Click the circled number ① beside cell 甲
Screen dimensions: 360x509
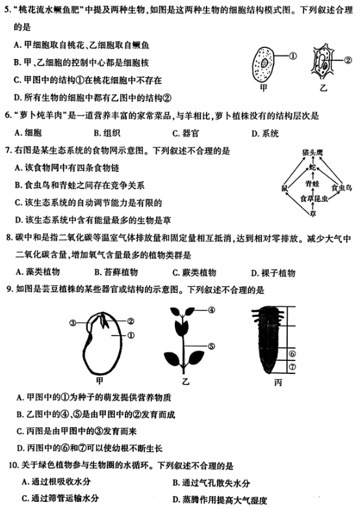[292, 56]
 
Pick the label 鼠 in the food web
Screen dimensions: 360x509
[284, 188]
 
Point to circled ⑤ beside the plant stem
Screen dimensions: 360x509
[211, 347]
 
